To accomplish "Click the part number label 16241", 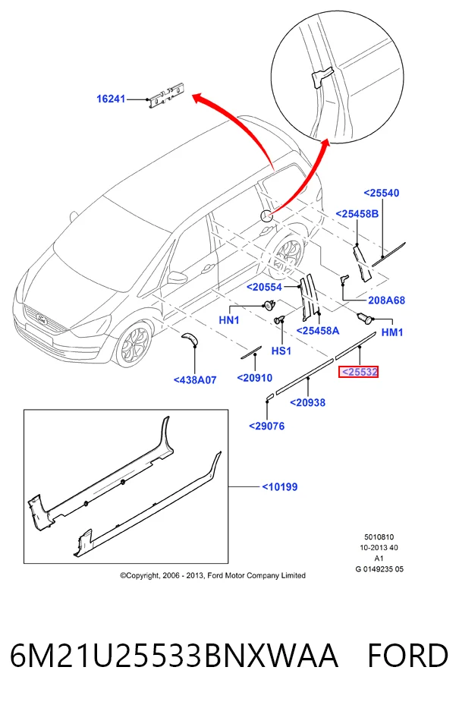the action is click(111, 99).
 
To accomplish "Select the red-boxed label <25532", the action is click(359, 372).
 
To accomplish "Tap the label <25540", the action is click(382, 193).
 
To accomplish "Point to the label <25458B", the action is click(357, 213).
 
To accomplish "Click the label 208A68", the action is click(386, 301).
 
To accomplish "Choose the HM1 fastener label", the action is click(392, 332).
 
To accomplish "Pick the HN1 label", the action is click(229, 320).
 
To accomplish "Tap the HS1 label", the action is click(281, 351).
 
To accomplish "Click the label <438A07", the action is click(195, 380).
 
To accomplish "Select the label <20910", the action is click(255, 377).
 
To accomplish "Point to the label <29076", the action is click(267, 426).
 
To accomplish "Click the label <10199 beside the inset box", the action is click(280, 486).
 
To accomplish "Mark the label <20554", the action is click(264, 287).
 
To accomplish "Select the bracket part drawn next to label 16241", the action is click(165, 95).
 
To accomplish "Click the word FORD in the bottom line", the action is click(407, 656).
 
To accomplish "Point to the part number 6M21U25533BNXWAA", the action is click(174, 656).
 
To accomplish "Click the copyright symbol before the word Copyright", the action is click(123, 576).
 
